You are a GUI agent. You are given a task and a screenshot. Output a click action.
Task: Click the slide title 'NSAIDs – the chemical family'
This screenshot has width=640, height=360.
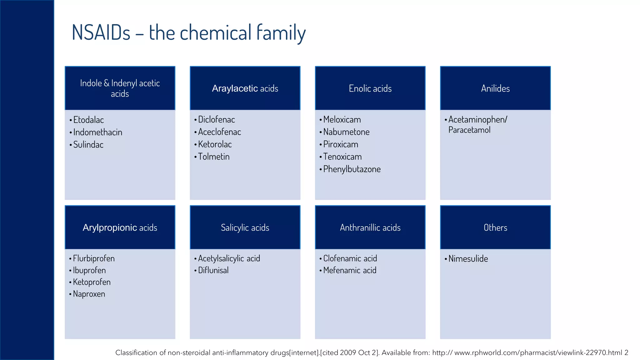tap(188, 32)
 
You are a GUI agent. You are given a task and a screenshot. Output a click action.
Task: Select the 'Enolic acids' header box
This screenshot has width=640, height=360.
tap(370, 88)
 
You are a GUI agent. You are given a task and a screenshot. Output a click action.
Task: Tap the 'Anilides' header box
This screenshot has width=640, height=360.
tap(495, 88)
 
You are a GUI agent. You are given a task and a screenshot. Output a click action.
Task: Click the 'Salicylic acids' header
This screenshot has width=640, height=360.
tap(245, 227)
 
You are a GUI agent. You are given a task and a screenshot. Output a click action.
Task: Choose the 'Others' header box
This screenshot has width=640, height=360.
tap(495, 227)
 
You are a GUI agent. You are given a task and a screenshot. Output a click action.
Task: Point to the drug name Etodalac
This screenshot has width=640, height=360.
tap(88, 120)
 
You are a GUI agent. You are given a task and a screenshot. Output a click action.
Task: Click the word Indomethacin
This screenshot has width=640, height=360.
tap(97, 132)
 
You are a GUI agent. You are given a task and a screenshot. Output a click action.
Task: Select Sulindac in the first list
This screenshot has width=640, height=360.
tap(88, 145)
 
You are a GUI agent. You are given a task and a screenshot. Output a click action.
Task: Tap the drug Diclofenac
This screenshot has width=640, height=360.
tap(216, 120)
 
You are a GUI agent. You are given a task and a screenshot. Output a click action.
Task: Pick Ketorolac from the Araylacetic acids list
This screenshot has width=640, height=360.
tap(215, 144)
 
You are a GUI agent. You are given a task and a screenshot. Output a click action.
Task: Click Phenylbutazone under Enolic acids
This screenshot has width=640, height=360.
tap(352, 169)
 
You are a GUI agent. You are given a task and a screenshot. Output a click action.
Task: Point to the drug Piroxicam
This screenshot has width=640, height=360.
tap(341, 144)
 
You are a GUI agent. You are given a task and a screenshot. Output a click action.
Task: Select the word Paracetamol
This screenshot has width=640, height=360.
tap(469, 130)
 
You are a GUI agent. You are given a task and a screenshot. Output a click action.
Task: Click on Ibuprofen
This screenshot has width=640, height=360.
tap(89, 270)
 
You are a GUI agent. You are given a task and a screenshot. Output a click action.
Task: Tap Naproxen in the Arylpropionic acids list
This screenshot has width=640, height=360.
tap(89, 294)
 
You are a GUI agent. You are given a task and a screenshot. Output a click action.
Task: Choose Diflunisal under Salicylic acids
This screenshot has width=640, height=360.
tap(213, 270)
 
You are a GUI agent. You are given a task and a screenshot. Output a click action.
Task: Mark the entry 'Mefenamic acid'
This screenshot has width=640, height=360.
tap(350, 270)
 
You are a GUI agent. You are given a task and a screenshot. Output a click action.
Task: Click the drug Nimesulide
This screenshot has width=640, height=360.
tap(468, 259)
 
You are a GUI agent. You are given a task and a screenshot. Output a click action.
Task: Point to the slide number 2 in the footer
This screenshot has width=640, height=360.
tap(626, 353)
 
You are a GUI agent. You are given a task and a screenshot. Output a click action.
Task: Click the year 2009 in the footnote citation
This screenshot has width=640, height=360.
tap(348, 353)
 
